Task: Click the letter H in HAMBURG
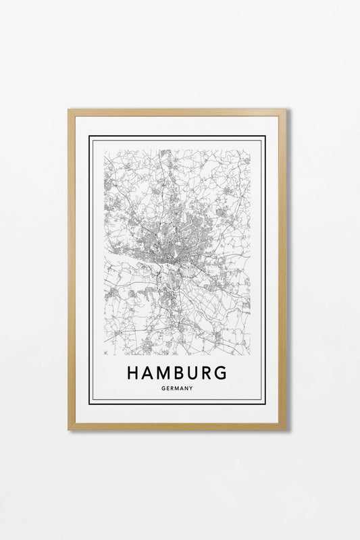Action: tap(132, 373)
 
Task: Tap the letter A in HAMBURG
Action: tap(147, 373)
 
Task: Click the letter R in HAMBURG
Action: tap(207, 373)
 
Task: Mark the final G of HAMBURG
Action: tap(221, 373)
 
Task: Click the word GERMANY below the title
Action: tap(178, 388)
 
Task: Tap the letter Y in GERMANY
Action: tap(191, 388)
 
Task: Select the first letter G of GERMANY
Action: tap(163, 388)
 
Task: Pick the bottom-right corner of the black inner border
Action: tap(265, 403)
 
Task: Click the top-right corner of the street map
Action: tap(250, 151)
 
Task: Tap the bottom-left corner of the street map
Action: tap(105, 354)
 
